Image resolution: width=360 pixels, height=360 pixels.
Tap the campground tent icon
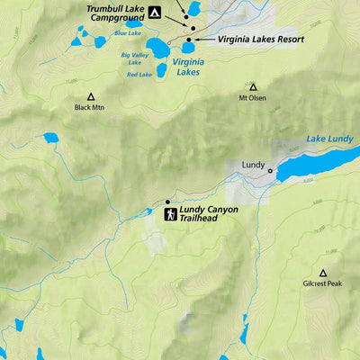(155, 13)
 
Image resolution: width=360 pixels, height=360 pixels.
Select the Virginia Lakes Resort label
(260, 40)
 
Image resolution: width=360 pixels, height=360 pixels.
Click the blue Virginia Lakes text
(187, 67)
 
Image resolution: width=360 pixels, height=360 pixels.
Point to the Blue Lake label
(127, 33)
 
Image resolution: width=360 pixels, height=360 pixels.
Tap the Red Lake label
(139, 75)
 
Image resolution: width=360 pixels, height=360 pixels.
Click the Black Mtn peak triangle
(90, 96)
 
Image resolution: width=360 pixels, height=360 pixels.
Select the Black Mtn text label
(90, 108)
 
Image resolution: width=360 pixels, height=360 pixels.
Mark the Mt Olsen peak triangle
(253, 87)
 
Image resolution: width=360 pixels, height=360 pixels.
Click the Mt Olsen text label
(253, 98)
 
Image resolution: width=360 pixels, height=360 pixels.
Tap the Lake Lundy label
(329, 139)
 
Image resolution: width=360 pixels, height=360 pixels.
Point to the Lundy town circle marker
(269, 170)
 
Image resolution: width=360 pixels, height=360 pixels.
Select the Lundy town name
(253, 166)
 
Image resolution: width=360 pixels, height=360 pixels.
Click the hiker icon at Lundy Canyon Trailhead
(170, 214)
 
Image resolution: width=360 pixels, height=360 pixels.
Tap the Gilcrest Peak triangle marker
(322, 272)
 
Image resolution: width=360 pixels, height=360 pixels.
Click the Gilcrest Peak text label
(322, 283)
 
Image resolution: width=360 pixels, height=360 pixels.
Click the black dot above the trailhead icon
(167, 202)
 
